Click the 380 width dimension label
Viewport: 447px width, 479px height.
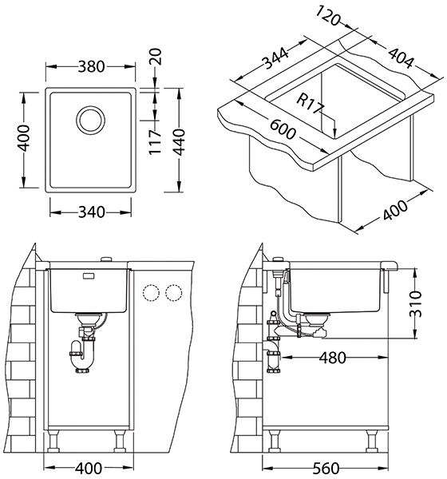click(x=91, y=66)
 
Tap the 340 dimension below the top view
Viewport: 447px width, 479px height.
click(x=91, y=212)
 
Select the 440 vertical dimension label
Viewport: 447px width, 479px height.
click(x=179, y=142)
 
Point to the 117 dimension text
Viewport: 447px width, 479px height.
click(x=155, y=142)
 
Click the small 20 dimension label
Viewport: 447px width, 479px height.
click(x=155, y=57)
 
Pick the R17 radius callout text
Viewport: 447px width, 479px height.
click(x=310, y=104)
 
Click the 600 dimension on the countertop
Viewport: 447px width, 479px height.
click(x=283, y=129)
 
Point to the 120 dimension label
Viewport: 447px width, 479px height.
click(x=327, y=16)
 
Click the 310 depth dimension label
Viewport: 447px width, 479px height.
click(x=416, y=303)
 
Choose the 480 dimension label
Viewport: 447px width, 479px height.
click(x=332, y=358)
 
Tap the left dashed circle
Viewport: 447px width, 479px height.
click(x=151, y=293)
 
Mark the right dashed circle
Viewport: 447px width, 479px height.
click(x=174, y=293)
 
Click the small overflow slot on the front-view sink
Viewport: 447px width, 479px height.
click(x=89, y=276)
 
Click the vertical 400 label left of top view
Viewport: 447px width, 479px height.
click(x=23, y=138)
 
